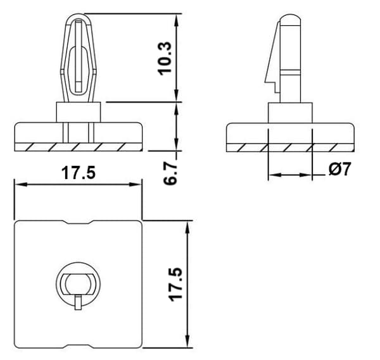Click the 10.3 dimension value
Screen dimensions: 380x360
click(165, 59)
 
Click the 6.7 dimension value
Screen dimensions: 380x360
click(170, 173)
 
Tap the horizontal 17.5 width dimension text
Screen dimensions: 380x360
click(79, 173)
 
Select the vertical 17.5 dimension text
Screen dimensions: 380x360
click(175, 285)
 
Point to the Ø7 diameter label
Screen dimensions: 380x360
click(340, 169)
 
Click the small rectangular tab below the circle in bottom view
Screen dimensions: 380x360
click(78, 302)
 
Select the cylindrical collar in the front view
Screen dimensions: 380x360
click(79, 112)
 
